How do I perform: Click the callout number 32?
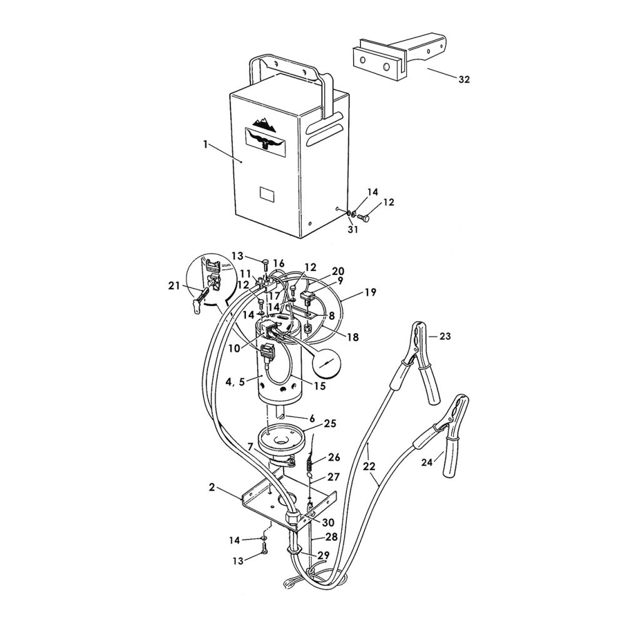pyautogui.click(x=464, y=80)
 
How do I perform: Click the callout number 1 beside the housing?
pyautogui.click(x=205, y=144)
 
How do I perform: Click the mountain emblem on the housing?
pyautogui.click(x=264, y=123)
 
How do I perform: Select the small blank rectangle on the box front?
pyautogui.click(x=267, y=193)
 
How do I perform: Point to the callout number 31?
pyautogui.click(x=353, y=230)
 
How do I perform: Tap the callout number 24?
pyautogui.click(x=427, y=463)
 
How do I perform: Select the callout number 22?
pyautogui.click(x=370, y=466)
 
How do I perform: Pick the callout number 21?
pyautogui.click(x=174, y=286)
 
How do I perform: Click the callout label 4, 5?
pyautogui.click(x=234, y=382)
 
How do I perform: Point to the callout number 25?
pyautogui.click(x=331, y=423)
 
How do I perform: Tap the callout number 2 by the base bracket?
pyautogui.click(x=212, y=487)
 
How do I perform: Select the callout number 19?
pyautogui.click(x=371, y=292)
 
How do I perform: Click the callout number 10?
pyautogui.click(x=234, y=348)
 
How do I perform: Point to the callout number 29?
pyautogui.click(x=323, y=555)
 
